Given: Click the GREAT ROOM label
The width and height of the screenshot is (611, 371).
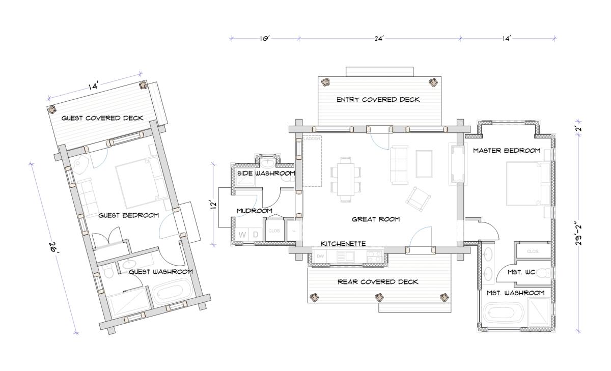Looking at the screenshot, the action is tap(376, 219).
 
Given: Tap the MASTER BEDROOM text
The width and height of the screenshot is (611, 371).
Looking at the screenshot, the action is tap(507, 151).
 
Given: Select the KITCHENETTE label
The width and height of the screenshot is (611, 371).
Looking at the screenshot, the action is tap(343, 244).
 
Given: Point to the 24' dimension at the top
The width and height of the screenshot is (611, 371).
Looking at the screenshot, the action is tap(379, 39).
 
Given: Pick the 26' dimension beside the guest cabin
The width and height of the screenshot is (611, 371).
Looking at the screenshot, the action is tap(54, 247).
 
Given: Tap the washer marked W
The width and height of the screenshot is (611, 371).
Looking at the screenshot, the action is tap(242, 235).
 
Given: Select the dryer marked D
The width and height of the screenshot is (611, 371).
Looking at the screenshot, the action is tap(256, 235).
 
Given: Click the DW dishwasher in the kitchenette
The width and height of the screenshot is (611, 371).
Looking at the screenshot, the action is tap(320, 256).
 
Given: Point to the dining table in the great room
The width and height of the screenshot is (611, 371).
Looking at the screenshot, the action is tap(346, 179).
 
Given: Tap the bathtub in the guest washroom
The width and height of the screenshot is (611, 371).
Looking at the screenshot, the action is tap(171, 293).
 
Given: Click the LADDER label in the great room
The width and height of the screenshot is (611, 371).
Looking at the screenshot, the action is tap(312, 139).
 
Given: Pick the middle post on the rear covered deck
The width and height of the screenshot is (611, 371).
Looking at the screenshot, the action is tap(379, 297).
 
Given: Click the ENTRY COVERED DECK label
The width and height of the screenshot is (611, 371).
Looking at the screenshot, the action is tap(378, 100).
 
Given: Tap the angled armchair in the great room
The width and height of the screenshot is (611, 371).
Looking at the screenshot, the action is tap(418, 199).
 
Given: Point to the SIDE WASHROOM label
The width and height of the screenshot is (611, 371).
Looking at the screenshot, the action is tap(266, 173).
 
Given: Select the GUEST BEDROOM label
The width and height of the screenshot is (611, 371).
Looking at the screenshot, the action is tap(128, 215).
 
